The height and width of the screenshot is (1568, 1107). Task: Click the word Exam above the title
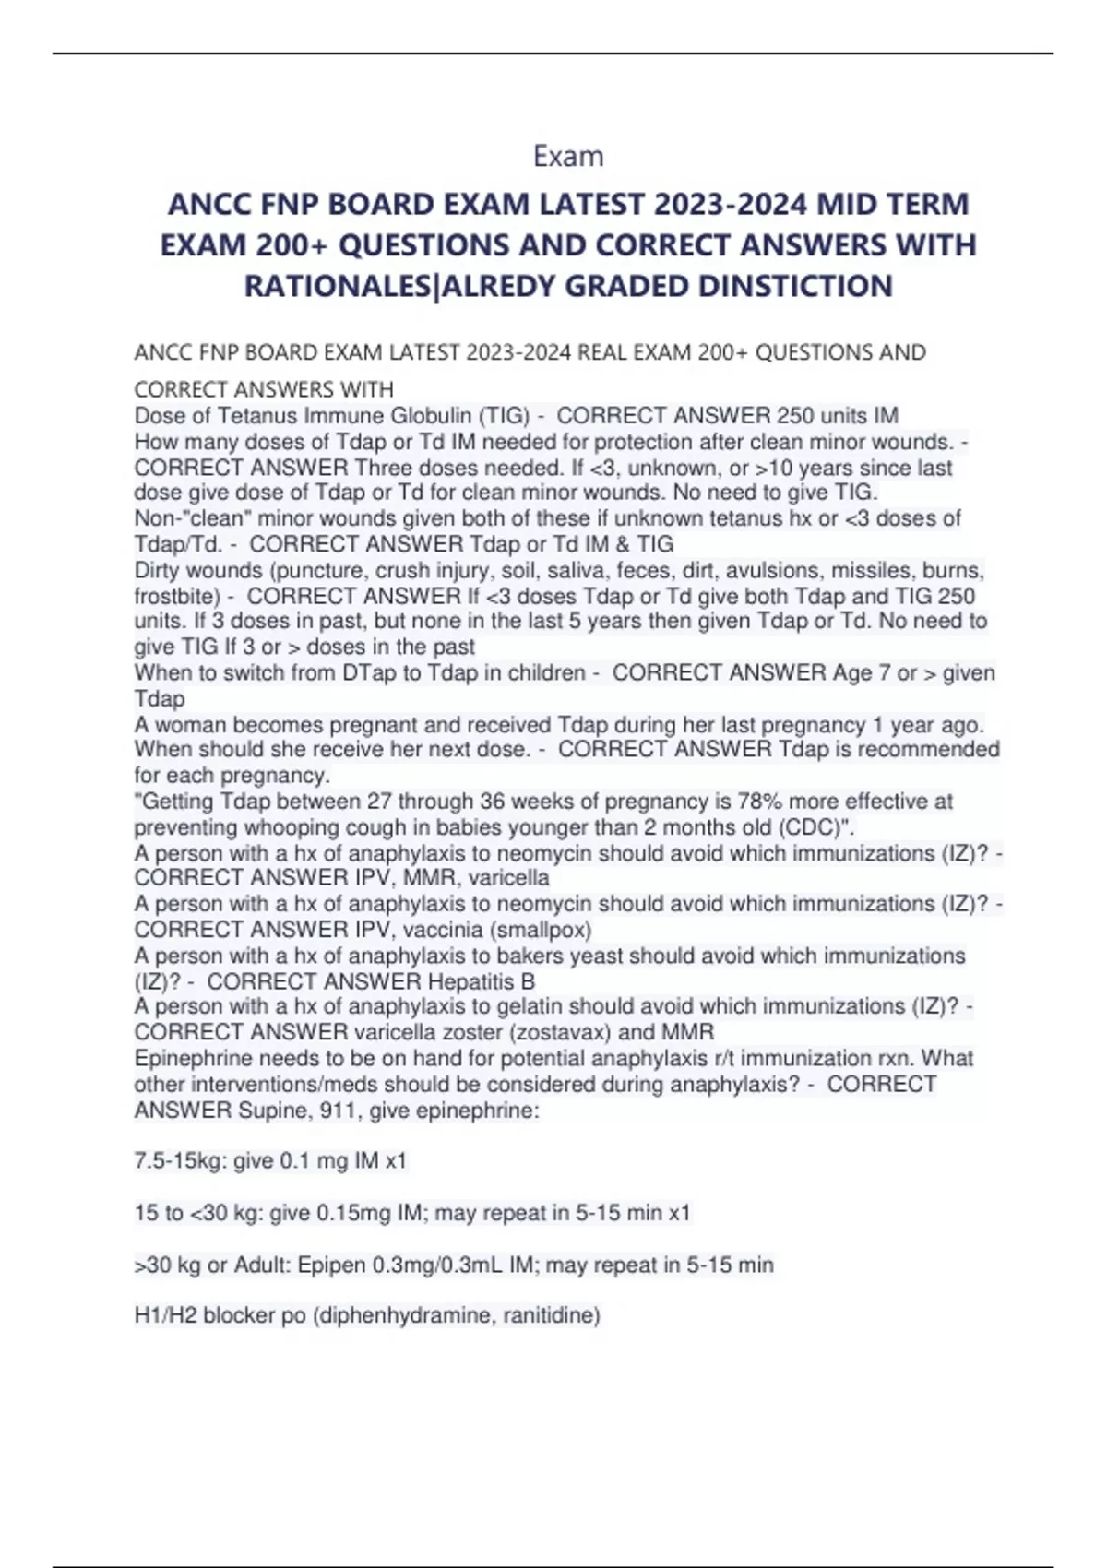click(568, 157)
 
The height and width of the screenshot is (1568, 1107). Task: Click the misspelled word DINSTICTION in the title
click(794, 286)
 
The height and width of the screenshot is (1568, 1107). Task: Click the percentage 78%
click(757, 801)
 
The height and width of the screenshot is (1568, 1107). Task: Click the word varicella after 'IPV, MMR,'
click(509, 877)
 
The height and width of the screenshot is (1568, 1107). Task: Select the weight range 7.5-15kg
click(179, 1160)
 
